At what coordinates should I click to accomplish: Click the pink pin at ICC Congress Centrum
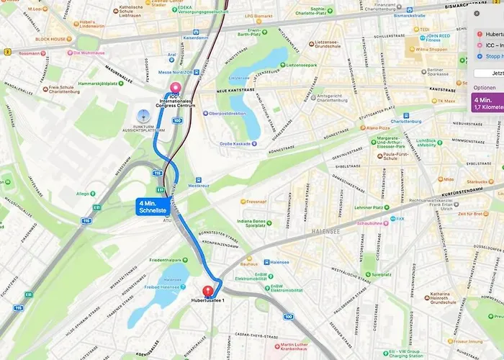[174, 88]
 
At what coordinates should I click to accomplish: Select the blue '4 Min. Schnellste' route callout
[153, 207]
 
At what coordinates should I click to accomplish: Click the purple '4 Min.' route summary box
[487, 102]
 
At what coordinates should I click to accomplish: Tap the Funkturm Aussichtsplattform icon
[142, 114]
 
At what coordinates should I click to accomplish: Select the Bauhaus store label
[248, 256]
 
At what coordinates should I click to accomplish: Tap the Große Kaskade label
[235, 143]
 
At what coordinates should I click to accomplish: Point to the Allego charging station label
[84, 194]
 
